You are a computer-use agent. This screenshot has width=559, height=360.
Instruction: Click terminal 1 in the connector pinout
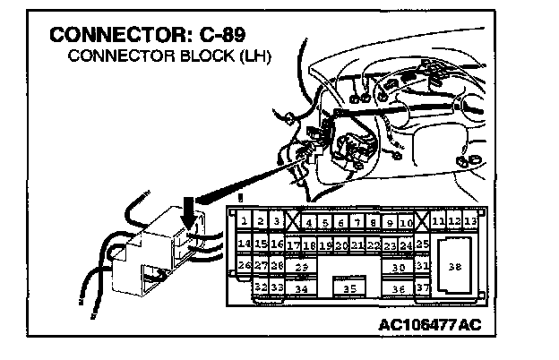[x=244, y=221]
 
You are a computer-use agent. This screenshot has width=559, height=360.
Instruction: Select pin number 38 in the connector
[x=455, y=267]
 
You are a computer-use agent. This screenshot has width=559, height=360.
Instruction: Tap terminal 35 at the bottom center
[x=350, y=288]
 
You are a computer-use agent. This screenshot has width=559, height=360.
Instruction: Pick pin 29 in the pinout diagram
[x=302, y=267]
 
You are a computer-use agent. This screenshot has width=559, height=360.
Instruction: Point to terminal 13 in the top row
[x=470, y=221]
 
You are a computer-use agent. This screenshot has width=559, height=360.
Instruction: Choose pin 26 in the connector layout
[x=244, y=266]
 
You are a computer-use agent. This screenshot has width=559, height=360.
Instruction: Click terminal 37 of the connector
[x=424, y=288]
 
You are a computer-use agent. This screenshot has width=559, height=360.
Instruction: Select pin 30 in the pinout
[x=399, y=267]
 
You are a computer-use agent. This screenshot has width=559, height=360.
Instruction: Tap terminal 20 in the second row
[x=341, y=244]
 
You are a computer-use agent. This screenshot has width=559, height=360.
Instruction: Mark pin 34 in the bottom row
[x=302, y=288]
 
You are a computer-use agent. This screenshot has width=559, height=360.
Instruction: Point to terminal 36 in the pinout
[x=399, y=288]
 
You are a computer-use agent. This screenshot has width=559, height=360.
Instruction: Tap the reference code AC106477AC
[x=429, y=323]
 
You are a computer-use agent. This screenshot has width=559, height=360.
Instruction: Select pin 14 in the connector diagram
[x=244, y=244]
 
